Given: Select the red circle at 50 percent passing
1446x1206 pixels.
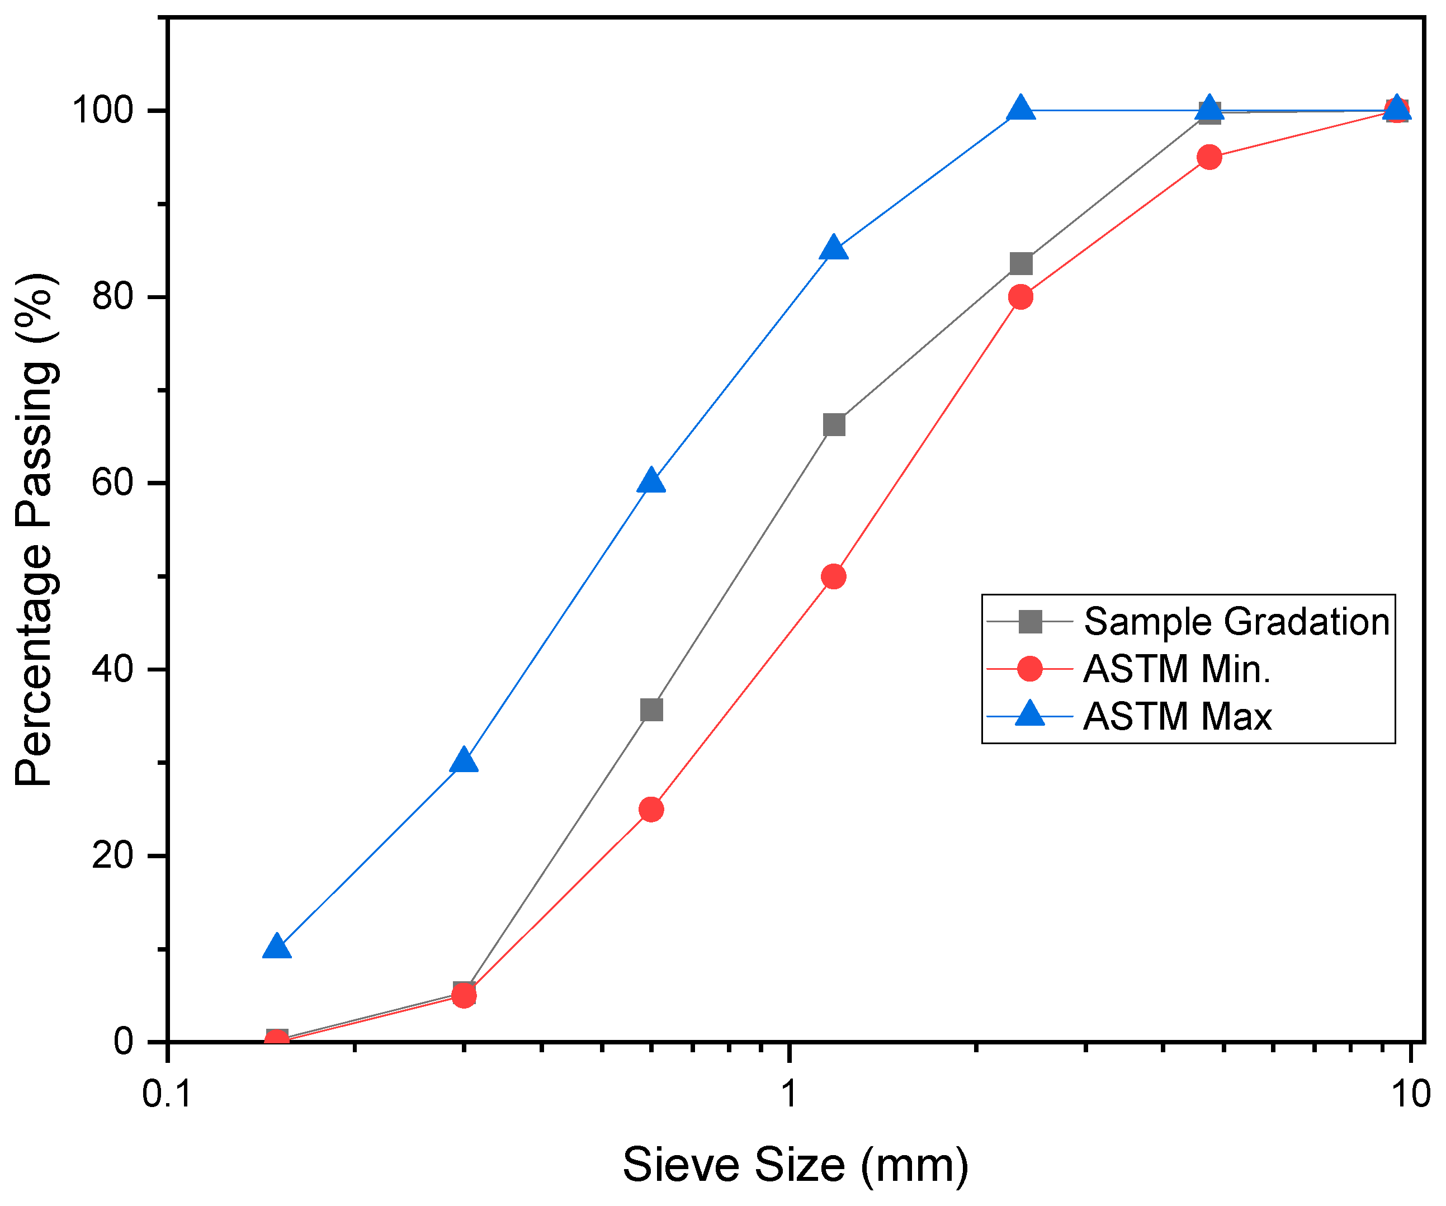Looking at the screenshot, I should (x=833, y=576).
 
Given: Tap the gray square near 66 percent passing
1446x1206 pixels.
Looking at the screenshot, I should (x=833, y=425).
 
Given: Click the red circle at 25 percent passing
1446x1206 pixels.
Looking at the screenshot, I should (x=651, y=810).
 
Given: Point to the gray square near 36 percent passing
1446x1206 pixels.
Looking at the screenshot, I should (x=651, y=710).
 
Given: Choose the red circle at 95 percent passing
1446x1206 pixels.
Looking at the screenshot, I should (x=1209, y=157).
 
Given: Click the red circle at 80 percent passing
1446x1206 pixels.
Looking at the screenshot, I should (x=1020, y=297).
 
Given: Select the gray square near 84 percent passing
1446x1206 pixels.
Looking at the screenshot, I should (x=1021, y=264).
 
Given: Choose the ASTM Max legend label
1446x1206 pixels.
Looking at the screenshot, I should (x=1177, y=717).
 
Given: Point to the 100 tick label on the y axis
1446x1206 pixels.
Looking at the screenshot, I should (x=103, y=110).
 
